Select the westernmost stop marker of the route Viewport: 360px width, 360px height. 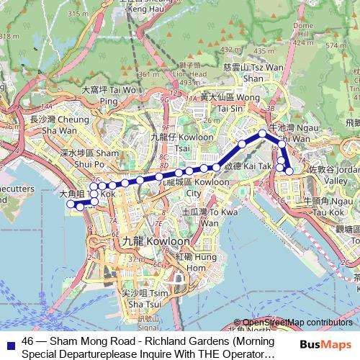click(x=71, y=204)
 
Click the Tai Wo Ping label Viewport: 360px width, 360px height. click(x=108, y=95)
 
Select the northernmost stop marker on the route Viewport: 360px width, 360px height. click(x=263, y=133)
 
